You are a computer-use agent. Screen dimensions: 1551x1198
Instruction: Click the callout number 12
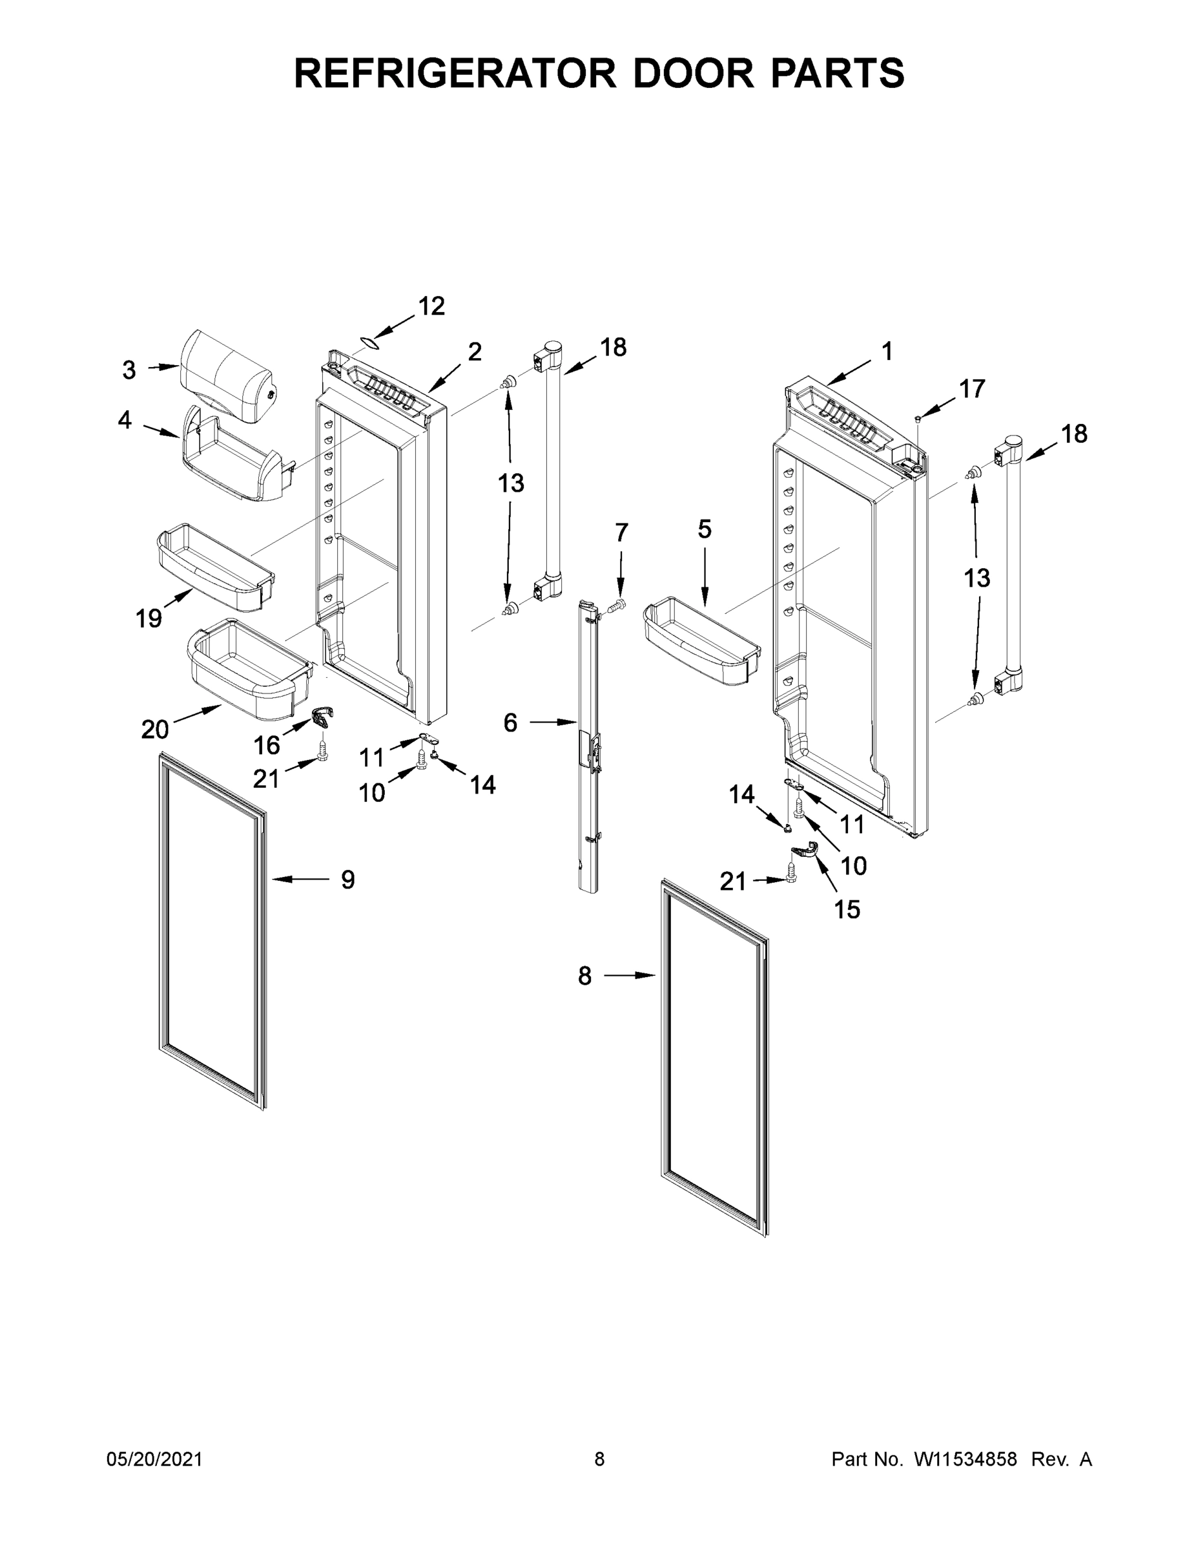[431, 306]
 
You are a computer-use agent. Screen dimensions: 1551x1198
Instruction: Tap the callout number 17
[971, 388]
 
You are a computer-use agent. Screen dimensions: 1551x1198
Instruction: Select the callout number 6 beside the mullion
[510, 723]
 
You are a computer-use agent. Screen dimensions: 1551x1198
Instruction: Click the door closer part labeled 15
[805, 849]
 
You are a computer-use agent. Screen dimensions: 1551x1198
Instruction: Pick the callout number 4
[124, 421]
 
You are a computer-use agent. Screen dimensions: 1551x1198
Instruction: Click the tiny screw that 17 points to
[918, 419]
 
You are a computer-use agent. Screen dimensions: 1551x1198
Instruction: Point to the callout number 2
[474, 352]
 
